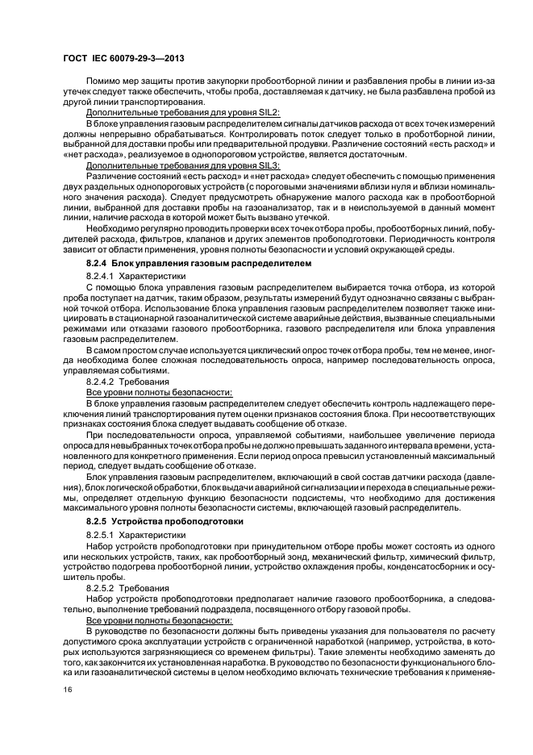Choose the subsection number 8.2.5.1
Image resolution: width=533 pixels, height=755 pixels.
point(102,534)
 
